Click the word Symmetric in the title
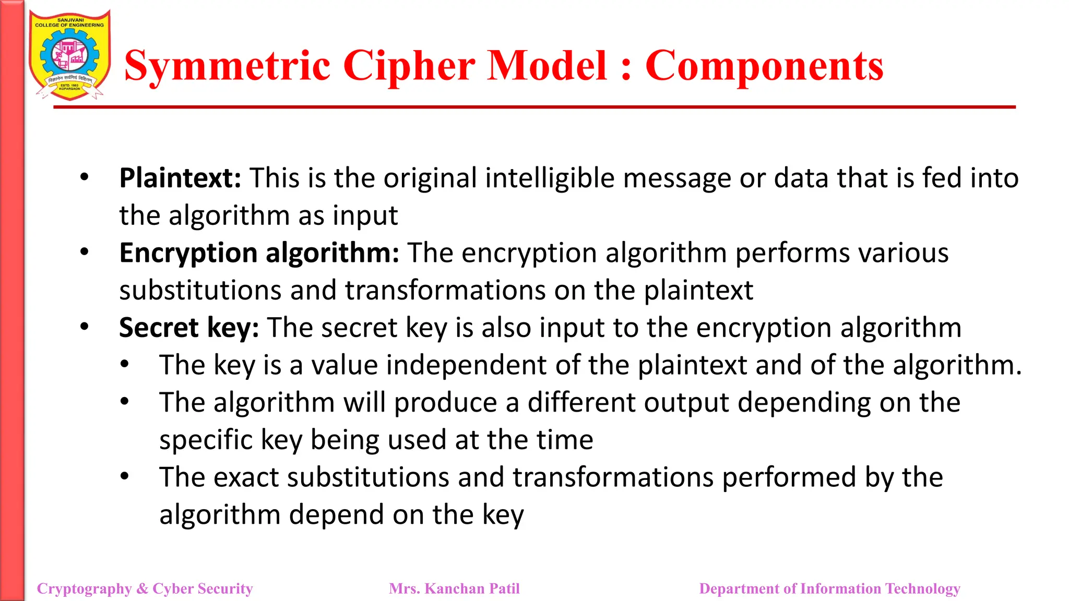click(x=228, y=66)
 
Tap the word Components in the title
click(x=764, y=66)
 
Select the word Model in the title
click(x=547, y=66)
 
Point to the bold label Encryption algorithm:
click(x=259, y=253)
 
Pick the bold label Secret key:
click(x=189, y=328)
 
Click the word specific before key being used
click(x=206, y=440)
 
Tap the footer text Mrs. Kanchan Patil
click(x=454, y=588)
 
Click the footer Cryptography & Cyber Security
click(x=145, y=588)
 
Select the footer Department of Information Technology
click(x=829, y=588)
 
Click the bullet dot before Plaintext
click(x=85, y=177)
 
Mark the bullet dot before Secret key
click(x=85, y=327)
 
